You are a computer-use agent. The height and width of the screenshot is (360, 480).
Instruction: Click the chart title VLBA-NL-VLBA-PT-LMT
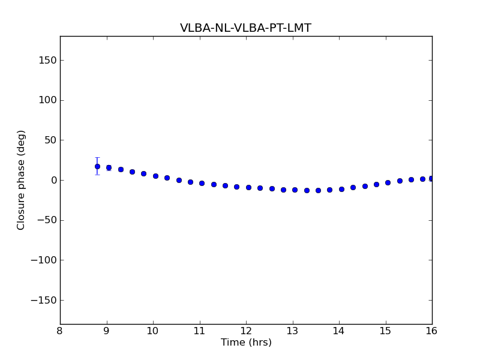click(245, 28)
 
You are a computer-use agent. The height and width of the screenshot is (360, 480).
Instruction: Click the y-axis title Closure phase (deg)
click(22, 180)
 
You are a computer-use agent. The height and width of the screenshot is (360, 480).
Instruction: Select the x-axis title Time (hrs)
click(246, 343)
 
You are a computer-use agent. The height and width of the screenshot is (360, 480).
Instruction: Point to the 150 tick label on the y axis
click(47, 60)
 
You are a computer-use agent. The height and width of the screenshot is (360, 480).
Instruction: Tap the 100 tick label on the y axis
click(47, 100)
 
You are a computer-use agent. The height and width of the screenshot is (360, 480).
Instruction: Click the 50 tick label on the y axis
click(50, 140)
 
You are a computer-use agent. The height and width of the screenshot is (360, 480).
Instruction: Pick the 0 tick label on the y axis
click(53, 180)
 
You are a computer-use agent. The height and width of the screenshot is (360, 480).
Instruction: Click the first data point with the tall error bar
click(97, 166)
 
